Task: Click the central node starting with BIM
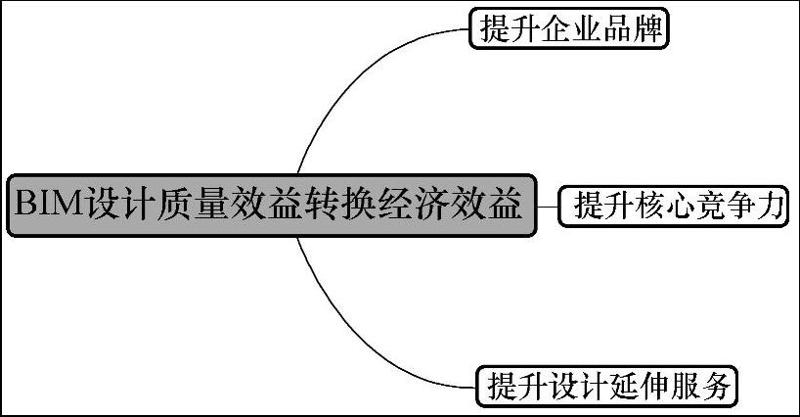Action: (x=273, y=205)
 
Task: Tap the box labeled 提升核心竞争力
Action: (x=675, y=207)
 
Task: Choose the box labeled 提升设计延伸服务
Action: (x=606, y=386)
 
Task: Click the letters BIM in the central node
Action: (x=49, y=206)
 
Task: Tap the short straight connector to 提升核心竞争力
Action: (x=548, y=207)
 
